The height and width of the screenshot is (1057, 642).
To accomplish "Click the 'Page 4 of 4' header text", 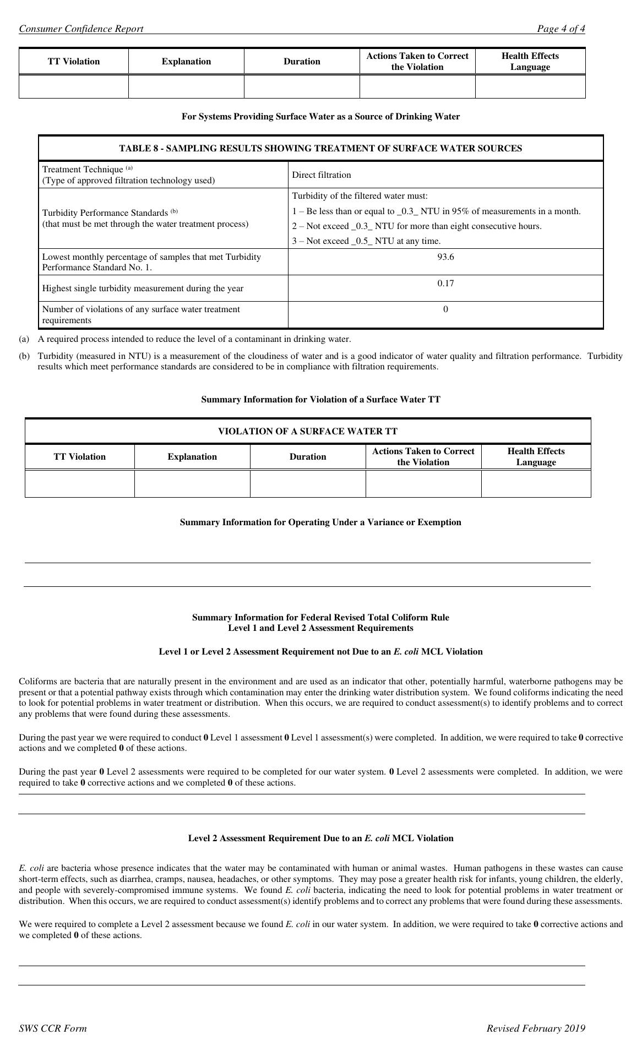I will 561,29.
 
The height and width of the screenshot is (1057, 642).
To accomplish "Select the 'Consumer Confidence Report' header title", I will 81,29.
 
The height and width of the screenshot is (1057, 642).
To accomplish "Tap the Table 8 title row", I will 320,149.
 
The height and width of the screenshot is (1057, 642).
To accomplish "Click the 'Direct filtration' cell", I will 322,175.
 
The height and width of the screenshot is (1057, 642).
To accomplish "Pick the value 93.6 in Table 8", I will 445,257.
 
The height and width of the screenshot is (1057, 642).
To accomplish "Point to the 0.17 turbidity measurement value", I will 445,284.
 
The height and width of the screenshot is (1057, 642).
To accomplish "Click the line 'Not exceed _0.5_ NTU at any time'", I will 367,241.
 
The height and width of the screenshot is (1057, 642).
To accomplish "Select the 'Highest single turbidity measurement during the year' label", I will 143,288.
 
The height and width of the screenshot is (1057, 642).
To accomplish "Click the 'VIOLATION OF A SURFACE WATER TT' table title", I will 308,432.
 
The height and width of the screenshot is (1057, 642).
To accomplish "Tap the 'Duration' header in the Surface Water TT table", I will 308,457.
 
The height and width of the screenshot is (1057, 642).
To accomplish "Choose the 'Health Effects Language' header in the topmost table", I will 530,62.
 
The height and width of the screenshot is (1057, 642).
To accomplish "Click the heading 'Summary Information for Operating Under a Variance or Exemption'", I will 320,522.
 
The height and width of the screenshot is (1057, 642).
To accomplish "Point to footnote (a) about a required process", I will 194,339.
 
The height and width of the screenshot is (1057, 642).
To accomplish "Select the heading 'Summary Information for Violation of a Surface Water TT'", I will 320,400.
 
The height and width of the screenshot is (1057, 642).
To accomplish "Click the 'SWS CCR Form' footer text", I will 53,1028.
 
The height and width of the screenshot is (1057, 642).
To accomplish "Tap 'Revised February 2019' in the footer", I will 536,1028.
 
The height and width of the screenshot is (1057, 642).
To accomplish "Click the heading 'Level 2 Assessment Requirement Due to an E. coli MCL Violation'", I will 320,838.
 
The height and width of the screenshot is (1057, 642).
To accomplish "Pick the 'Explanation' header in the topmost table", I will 186,62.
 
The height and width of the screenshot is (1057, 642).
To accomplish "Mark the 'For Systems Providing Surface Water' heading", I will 320,117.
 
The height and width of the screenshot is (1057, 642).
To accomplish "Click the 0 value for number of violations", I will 445,309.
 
